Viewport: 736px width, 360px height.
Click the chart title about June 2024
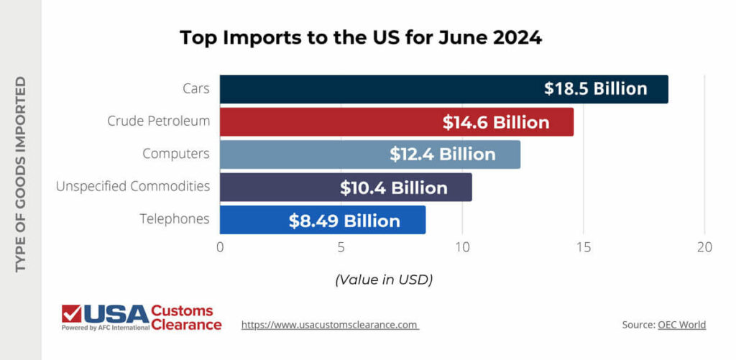point(360,37)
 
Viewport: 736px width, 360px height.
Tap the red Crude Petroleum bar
point(331,122)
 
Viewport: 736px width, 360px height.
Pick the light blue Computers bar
point(302,154)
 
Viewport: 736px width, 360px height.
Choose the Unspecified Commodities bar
point(280,188)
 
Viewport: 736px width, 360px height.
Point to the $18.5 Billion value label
point(595,89)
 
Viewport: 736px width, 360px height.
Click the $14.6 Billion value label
point(496,122)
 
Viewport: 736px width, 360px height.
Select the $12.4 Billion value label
point(443,154)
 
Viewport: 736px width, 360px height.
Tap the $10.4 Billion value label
point(394,188)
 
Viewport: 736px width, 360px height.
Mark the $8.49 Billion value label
point(344,221)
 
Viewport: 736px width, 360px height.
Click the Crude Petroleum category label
point(159,121)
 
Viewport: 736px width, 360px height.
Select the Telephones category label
point(175,218)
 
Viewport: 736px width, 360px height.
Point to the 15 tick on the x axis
point(583,248)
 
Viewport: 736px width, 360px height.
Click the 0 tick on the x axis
point(220,248)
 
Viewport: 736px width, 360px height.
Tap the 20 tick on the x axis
point(704,248)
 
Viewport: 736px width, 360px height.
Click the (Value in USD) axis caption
point(384,279)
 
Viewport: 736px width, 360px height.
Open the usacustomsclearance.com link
point(330,325)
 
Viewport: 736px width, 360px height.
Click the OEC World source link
point(681,325)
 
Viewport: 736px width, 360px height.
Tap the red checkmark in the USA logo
point(71,314)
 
